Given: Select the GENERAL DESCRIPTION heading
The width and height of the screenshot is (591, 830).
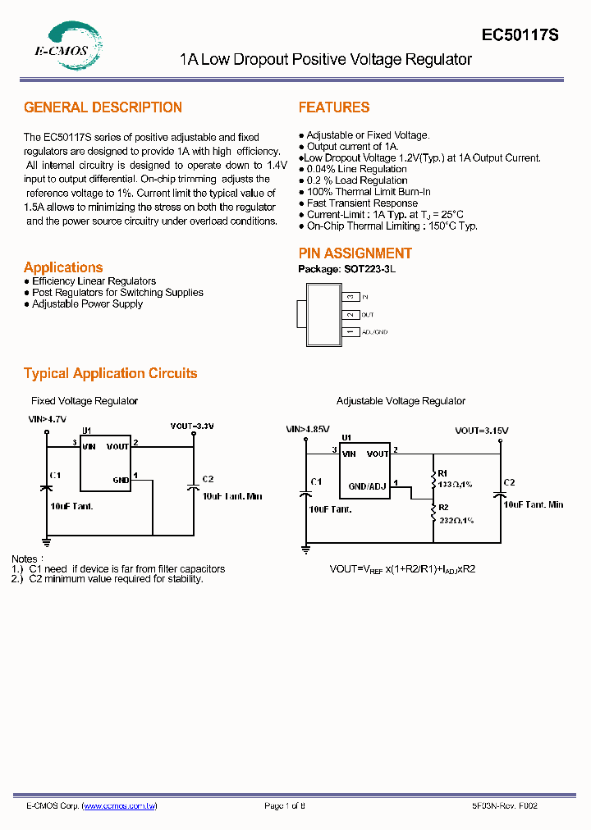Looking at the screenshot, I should (x=103, y=107).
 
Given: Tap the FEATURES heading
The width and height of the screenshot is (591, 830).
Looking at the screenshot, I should (x=334, y=107).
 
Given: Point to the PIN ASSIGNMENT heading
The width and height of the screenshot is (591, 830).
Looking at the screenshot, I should (x=355, y=253).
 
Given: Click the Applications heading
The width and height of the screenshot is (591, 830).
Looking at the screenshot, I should (x=63, y=267).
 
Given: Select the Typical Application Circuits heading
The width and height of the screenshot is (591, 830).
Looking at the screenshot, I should (x=110, y=373).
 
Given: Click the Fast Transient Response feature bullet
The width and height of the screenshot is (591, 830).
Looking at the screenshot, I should (x=362, y=203).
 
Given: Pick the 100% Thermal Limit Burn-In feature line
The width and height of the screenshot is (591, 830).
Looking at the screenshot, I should (x=368, y=192).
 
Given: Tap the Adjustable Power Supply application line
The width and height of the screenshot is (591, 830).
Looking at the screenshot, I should (x=87, y=304).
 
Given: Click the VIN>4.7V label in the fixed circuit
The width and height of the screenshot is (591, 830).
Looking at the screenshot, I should (x=47, y=418).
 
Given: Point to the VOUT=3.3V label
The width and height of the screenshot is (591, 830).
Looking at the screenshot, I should (x=192, y=426).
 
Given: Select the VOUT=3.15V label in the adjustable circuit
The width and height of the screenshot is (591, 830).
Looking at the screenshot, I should (x=482, y=430).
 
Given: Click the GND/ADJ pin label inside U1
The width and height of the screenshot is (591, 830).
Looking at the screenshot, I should (x=367, y=486).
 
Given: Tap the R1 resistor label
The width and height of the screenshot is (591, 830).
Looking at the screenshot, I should (x=442, y=473).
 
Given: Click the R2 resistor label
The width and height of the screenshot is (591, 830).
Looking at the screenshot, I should (x=443, y=508).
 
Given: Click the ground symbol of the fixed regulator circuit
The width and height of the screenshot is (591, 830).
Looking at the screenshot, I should (x=47, y=541).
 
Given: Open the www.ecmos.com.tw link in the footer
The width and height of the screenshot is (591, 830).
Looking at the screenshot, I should (x=120, y=806).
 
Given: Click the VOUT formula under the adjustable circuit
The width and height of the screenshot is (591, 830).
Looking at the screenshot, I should (x=402, y=568).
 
